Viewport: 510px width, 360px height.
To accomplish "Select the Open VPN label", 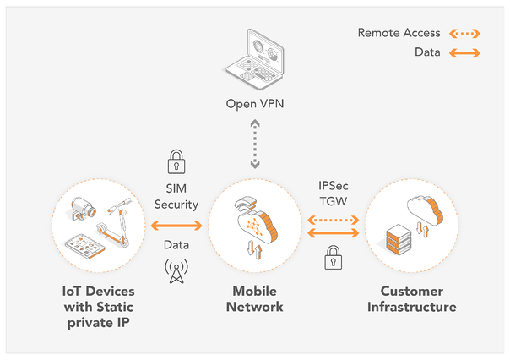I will (x=255, y=105).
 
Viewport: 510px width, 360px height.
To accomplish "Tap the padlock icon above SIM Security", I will (x=176, y=160).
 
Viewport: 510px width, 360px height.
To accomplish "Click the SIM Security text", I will (x=176, y=197).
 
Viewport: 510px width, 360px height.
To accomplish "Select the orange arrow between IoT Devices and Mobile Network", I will (x=176, y=226).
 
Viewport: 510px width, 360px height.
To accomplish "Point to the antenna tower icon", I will (x=176, y=270).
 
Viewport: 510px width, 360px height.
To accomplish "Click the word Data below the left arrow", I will (x=176, y=245).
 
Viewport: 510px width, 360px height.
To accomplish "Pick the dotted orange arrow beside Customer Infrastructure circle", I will (x=334, y=218).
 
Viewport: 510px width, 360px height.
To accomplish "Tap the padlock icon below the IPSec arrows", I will (x=334, y=257).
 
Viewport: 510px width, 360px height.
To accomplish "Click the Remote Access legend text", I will (x=399, y=33).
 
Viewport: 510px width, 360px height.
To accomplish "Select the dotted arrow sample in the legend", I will (x=464, y=34).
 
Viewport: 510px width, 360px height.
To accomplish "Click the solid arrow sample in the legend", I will (x=464, y=52).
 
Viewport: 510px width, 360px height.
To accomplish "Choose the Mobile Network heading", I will (x=255, y=298).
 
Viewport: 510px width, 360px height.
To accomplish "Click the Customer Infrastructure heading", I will (x=411, y=298).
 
